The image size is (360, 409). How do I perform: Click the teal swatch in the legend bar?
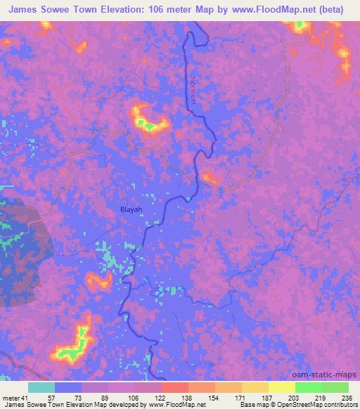point(41,387)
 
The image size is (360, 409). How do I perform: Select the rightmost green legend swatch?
point(335,387)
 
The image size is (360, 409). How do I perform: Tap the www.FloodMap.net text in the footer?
point(177,405)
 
